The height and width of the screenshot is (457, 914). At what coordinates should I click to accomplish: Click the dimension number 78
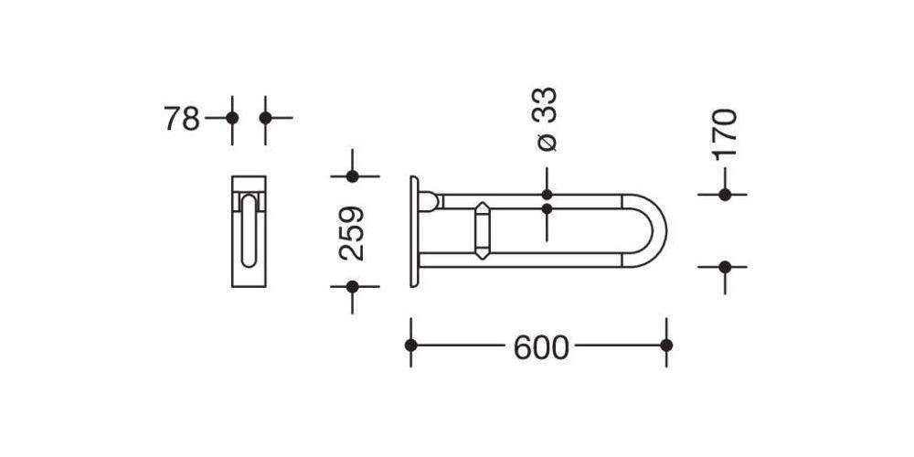[x=181, y=118]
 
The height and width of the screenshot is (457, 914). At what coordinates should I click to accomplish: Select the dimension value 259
[x=352, y=232]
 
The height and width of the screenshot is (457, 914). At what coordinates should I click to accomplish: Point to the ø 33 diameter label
[x=546, y=119]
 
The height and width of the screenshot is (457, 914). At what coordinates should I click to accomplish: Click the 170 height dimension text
[x=724, y=133]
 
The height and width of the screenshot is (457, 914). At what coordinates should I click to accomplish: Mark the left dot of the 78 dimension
[x=232, y=118]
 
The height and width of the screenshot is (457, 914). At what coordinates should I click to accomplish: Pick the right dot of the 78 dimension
[x=265, y=118]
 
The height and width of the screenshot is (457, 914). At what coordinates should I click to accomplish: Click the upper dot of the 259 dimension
[x=352, y=175]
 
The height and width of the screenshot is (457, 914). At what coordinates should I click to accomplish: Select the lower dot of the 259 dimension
[x=352, y=286]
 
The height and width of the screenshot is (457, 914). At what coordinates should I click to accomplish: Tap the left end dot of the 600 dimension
[x=411, y=345]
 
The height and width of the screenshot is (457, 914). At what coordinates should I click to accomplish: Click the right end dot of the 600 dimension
[x=666, y=345]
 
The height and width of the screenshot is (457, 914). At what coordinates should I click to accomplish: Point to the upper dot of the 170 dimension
[x=725, y=195]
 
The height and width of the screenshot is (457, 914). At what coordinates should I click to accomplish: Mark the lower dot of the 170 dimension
[x=725, y=267]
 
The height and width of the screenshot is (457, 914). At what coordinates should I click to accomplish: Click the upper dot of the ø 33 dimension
[x=547, y=195]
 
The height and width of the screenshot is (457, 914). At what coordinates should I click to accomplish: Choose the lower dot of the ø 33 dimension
[x=547, y=209]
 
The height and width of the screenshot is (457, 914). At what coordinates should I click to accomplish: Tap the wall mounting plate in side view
[x=415, y=231]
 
